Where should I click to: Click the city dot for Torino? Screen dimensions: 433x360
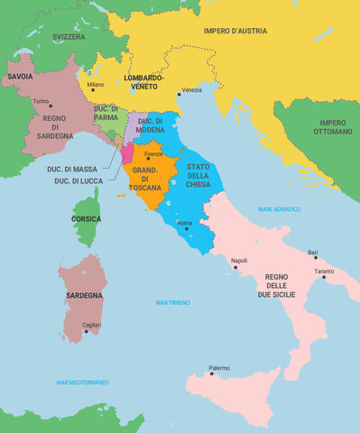pos(51,106)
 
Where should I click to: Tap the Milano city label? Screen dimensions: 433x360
pos(96,85)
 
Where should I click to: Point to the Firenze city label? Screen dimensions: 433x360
pos(154,154)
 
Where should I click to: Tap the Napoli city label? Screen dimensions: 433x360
pos(239,261)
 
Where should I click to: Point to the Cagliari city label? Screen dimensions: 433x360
pos(91,325)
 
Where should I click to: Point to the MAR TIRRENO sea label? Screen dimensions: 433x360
pos(173,302)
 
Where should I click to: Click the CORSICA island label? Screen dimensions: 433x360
pos(87,218)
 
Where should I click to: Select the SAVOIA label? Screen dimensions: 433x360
pos(21,78)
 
